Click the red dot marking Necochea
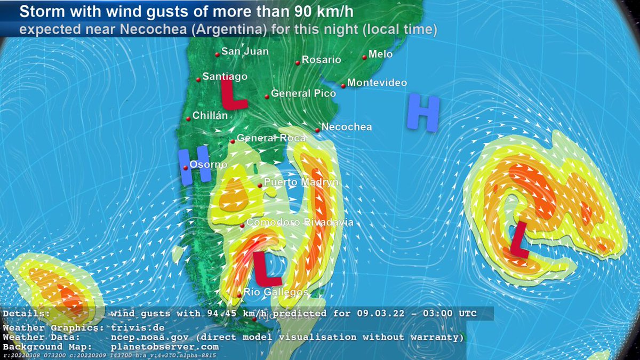pos(317,130)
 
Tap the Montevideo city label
pos(377,83)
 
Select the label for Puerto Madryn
pos(301,182)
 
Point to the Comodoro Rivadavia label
pos(300,222)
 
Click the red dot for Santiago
pos(198,79)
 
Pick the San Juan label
pos(245,51)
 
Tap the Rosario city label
pos(321,60)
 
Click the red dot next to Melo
pos(364,57)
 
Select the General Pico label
pos(303,93)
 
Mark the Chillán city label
pos(210,116)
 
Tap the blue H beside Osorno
pos(187,167)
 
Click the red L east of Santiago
pos(233,94)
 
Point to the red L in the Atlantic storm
pos(519,240)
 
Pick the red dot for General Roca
pos(233,141)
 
